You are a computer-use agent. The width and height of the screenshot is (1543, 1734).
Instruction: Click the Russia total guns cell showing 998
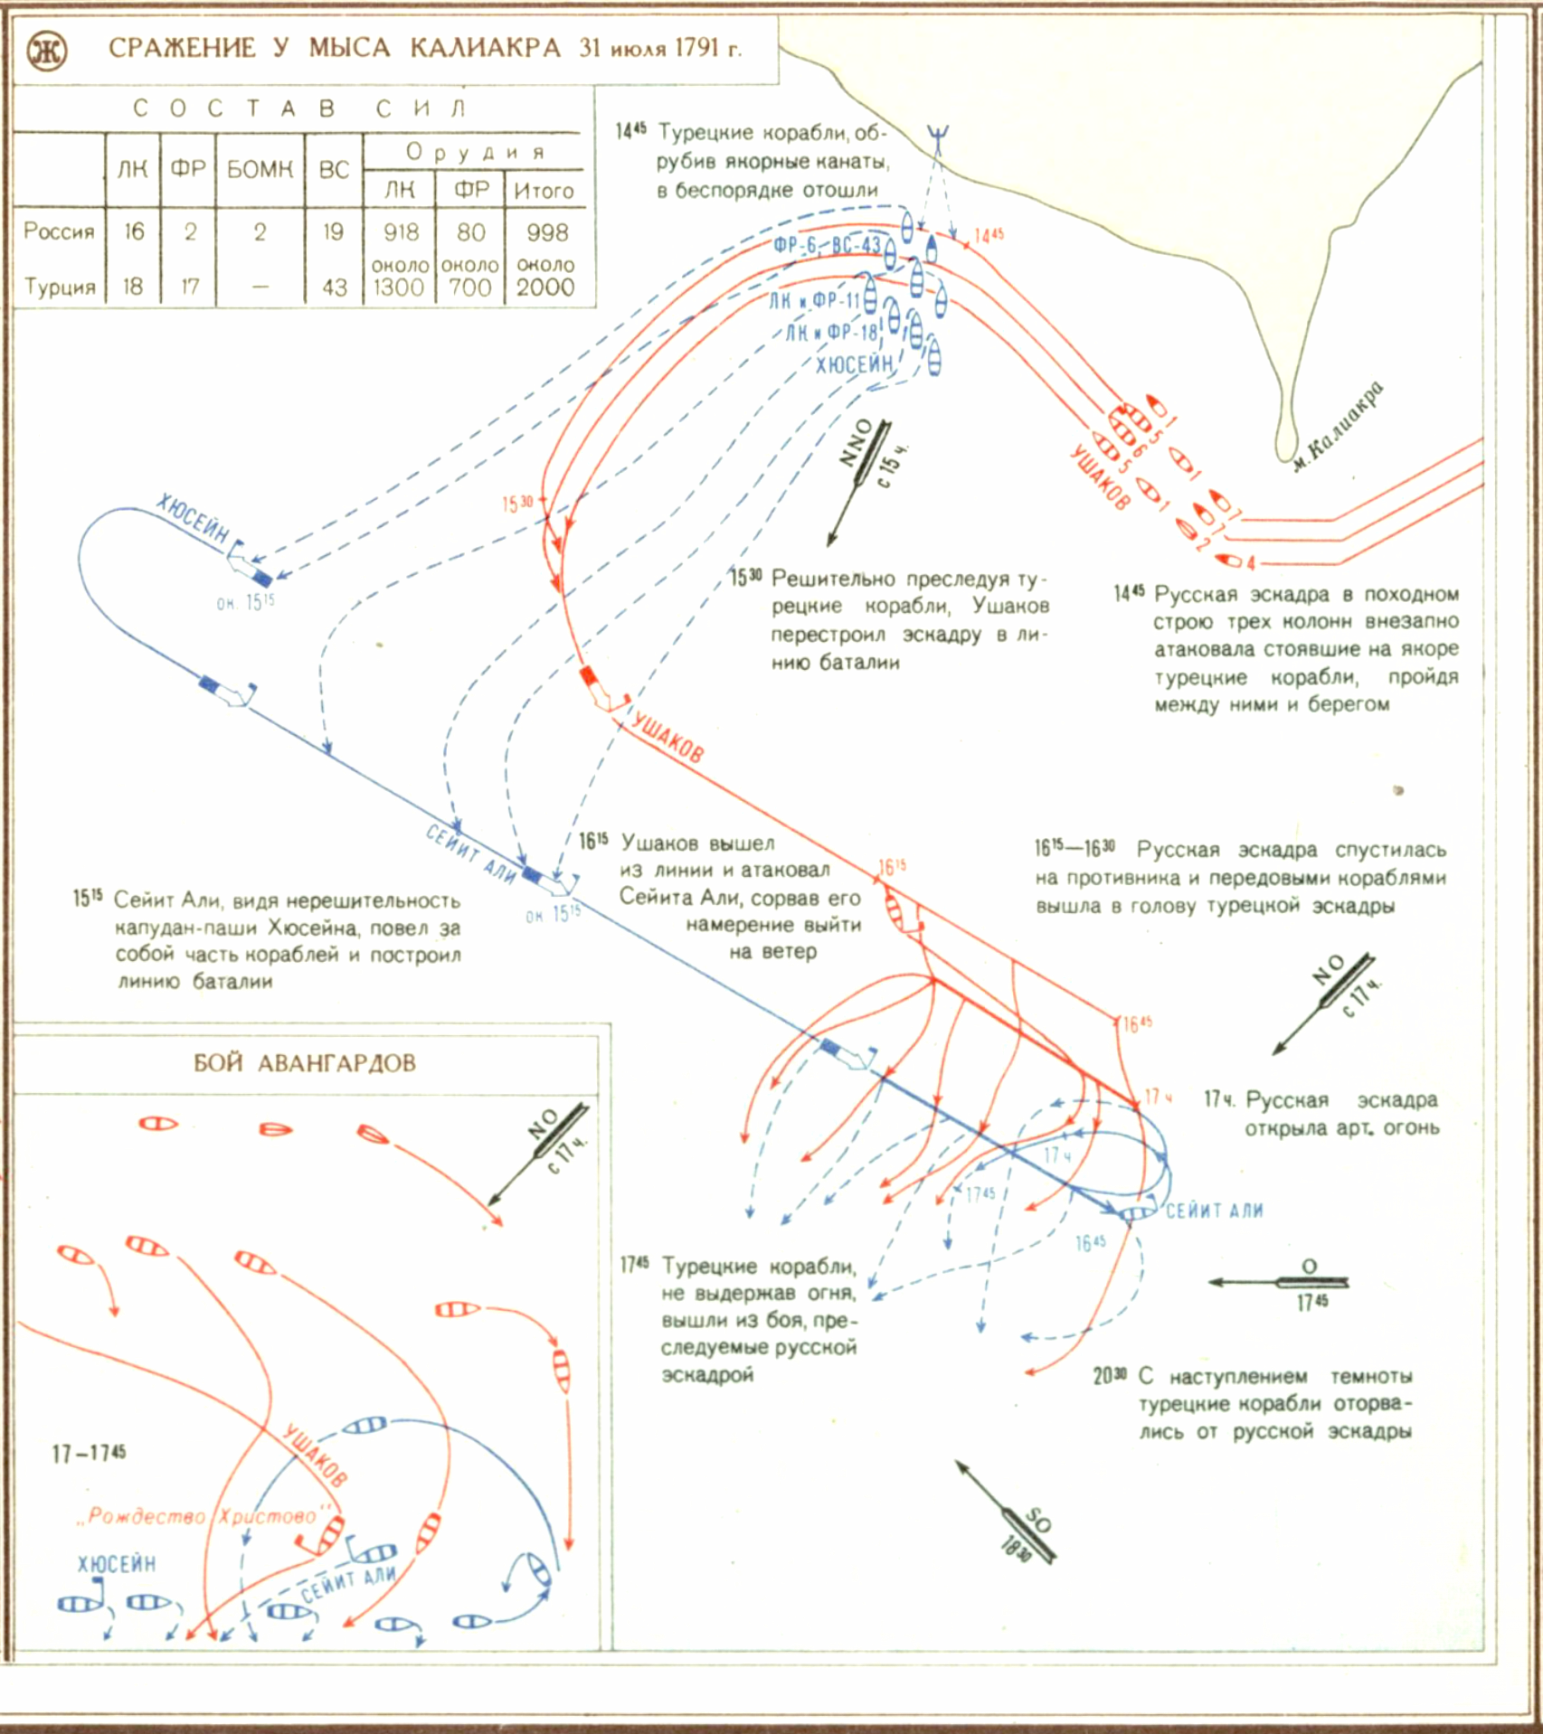[547, 232]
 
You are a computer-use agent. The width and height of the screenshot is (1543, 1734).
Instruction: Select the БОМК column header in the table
[260, 169]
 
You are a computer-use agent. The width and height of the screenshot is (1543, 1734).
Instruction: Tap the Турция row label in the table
[60, 287]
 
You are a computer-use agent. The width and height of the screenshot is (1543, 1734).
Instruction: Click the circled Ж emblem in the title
[46, 52]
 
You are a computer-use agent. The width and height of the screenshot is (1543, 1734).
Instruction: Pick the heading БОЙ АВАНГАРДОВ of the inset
[305, 1062]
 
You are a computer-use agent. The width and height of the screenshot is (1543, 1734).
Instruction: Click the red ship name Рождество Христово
[204, 1516]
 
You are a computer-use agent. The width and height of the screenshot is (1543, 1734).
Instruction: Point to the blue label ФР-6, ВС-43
[827, 246]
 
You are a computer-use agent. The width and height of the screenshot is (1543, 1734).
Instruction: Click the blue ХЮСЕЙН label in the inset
[117, 1563]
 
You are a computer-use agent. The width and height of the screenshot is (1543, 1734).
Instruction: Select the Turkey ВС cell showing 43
[335, 287]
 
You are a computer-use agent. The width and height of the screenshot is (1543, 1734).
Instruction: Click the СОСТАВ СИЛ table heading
[298, 109]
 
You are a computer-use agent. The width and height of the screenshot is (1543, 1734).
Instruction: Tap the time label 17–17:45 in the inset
[89, 1454]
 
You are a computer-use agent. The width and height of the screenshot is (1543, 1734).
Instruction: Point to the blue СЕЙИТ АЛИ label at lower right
[1214, 1211]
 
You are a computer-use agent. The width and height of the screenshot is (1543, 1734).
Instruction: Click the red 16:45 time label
[1137, 1023]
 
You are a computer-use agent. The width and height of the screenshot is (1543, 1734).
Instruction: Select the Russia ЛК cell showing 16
[134, 232]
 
